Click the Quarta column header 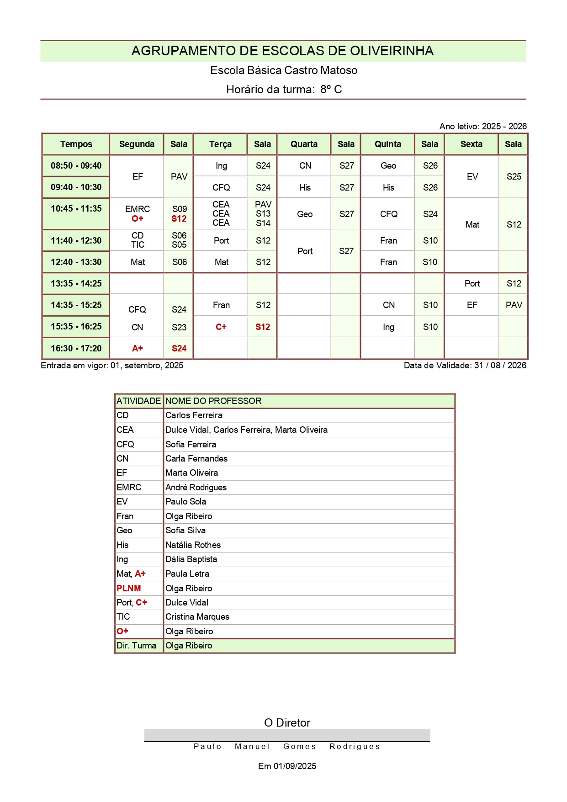pos(304,144)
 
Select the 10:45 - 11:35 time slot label pos(76,209)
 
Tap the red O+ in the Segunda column pos(138,219)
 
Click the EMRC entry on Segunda pos(138,209)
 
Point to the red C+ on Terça pos(221,327)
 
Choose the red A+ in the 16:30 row pos(138,349)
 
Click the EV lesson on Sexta pos(472,177)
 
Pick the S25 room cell pos(514,177)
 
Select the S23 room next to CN pos(179,328)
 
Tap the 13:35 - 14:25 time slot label pos(76,284)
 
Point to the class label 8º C pos(331,90)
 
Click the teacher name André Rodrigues pos(196,488)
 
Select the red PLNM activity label pos(129,589)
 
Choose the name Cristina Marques pos(197,617)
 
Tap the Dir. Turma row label pos(136,646)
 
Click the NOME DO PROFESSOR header pos(213,401)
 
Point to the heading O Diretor pos(287,723)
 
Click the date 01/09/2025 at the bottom pos(295,766)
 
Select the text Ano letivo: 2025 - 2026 pos(483,127)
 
